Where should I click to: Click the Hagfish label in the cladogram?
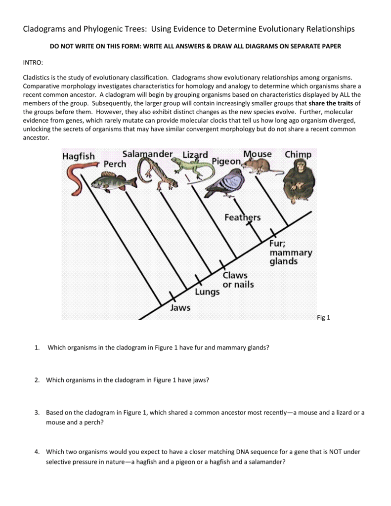(79, 156)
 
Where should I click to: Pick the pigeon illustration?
(225, 183)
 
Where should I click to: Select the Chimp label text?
(298, 154)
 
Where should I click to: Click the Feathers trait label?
(242, 217)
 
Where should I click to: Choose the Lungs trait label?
(207, 292)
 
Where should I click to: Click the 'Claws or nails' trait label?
(238, 280)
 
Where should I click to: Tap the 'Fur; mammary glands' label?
(290, 253)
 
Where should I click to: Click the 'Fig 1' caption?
(323, 318)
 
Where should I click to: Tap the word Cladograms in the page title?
(45, 29)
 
